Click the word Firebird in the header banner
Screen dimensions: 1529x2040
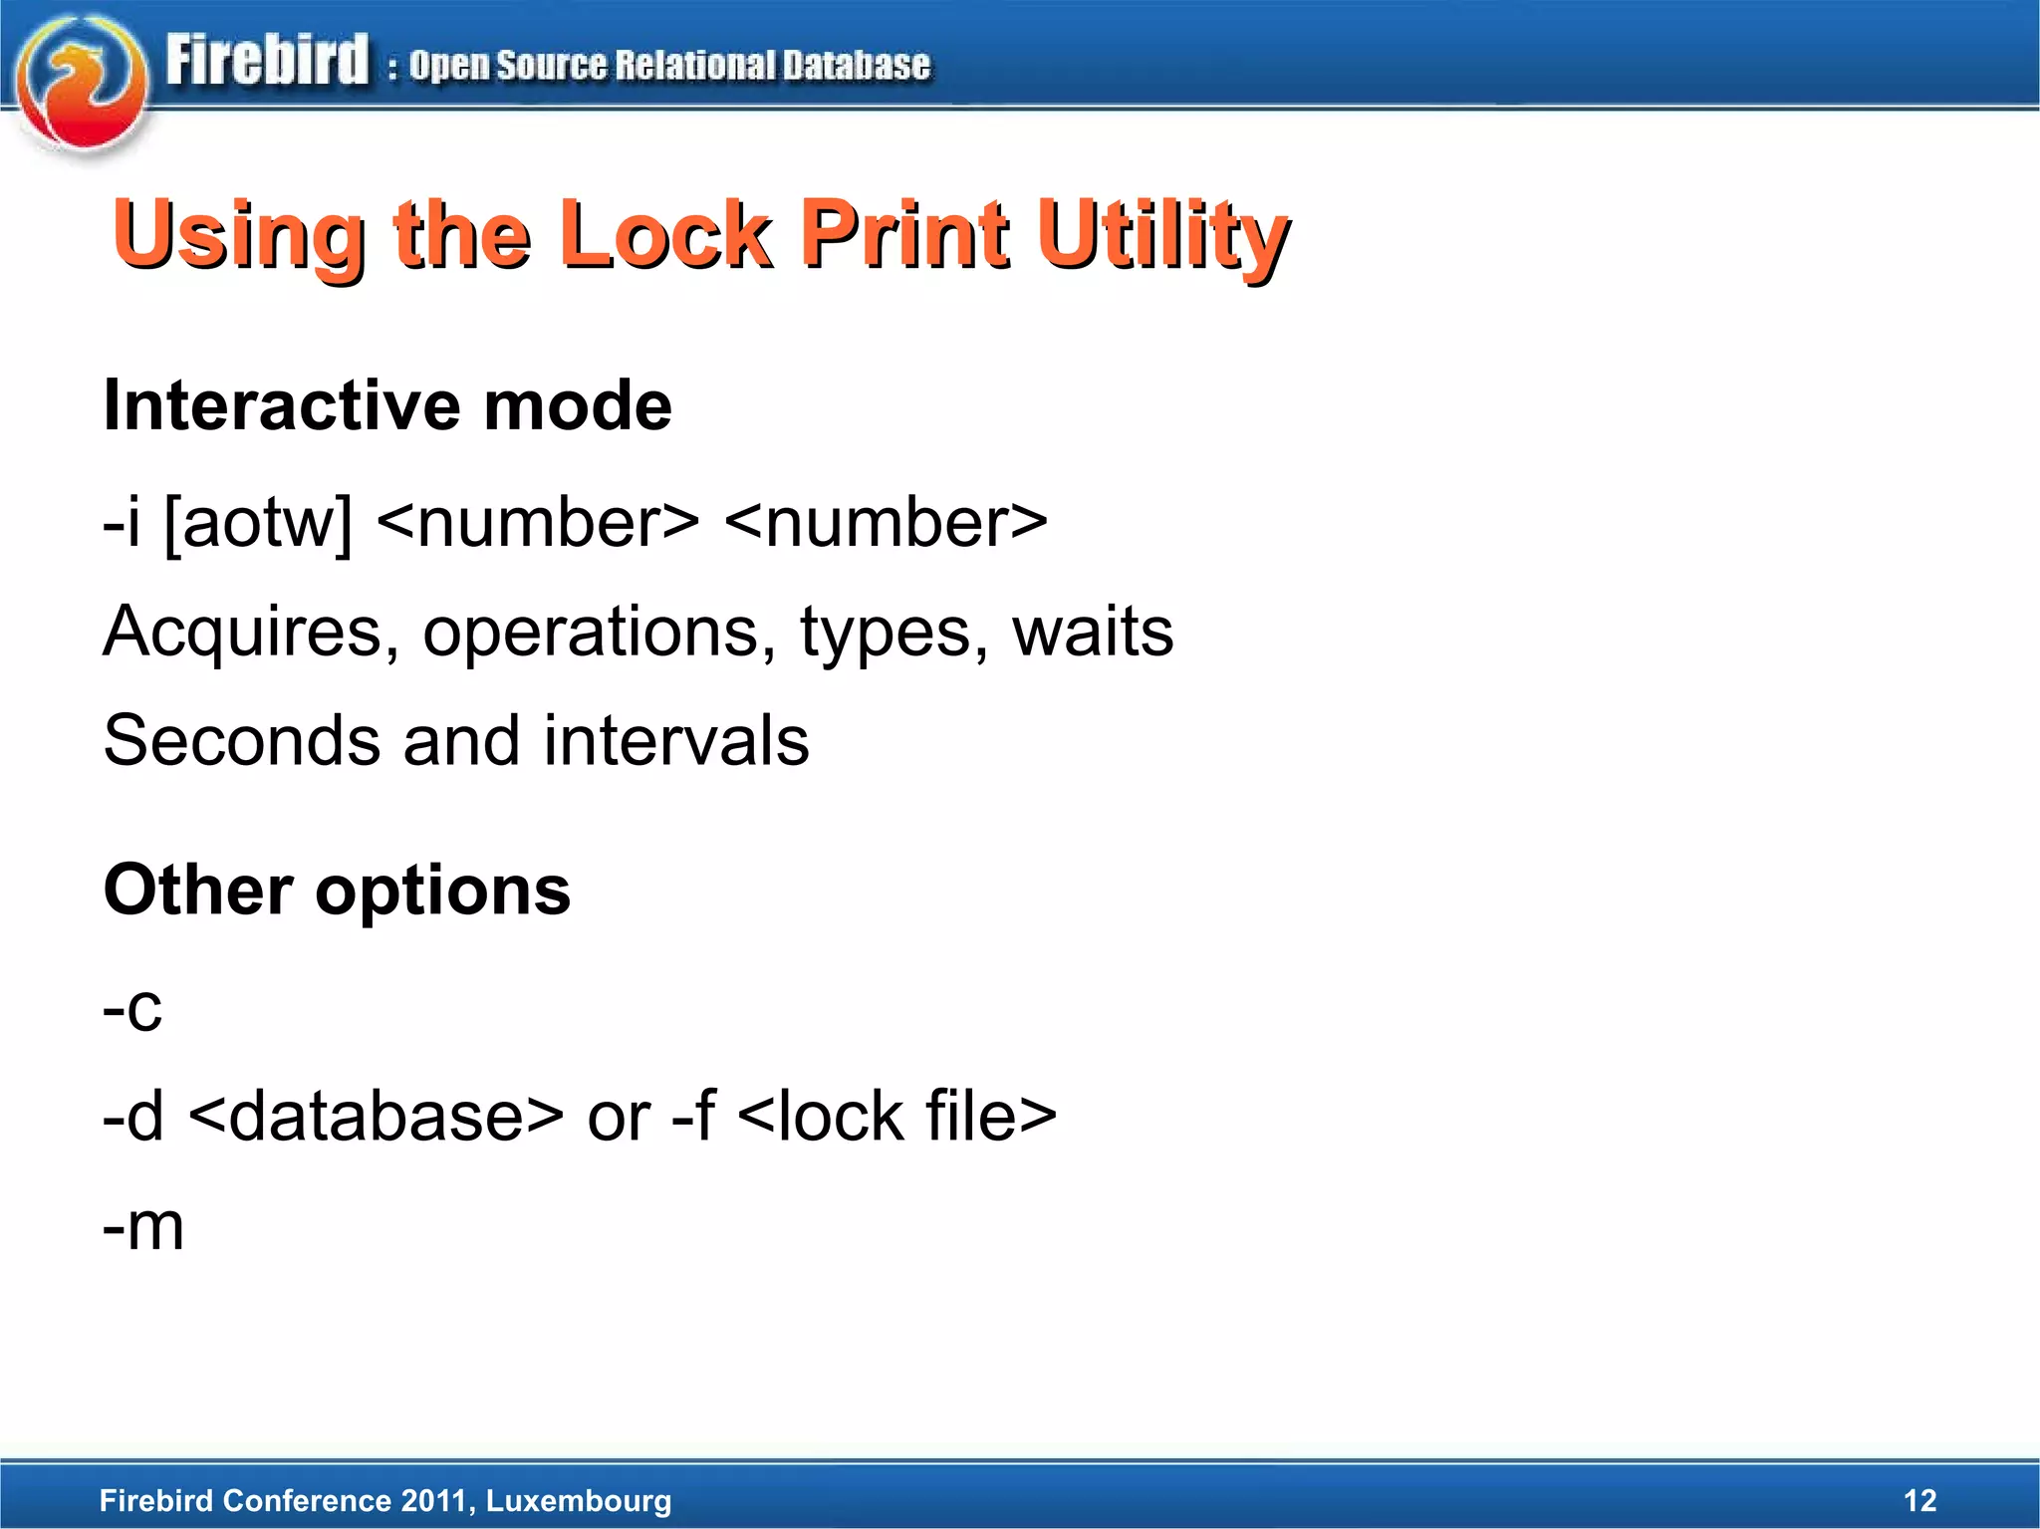267,60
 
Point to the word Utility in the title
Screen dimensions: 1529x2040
1162,236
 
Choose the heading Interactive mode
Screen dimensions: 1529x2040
387,406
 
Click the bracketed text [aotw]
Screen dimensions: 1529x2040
258,523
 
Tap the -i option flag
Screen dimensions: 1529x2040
121,523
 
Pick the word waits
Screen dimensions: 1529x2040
1093,632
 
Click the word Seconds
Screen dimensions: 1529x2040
242,741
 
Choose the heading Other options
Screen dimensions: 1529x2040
337,890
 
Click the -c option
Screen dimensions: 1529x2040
131,1008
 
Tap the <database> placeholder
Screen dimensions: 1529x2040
376,1116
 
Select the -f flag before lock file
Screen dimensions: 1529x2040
693,1116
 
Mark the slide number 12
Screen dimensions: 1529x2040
1919,1500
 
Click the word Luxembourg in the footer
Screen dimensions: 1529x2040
579,1501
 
